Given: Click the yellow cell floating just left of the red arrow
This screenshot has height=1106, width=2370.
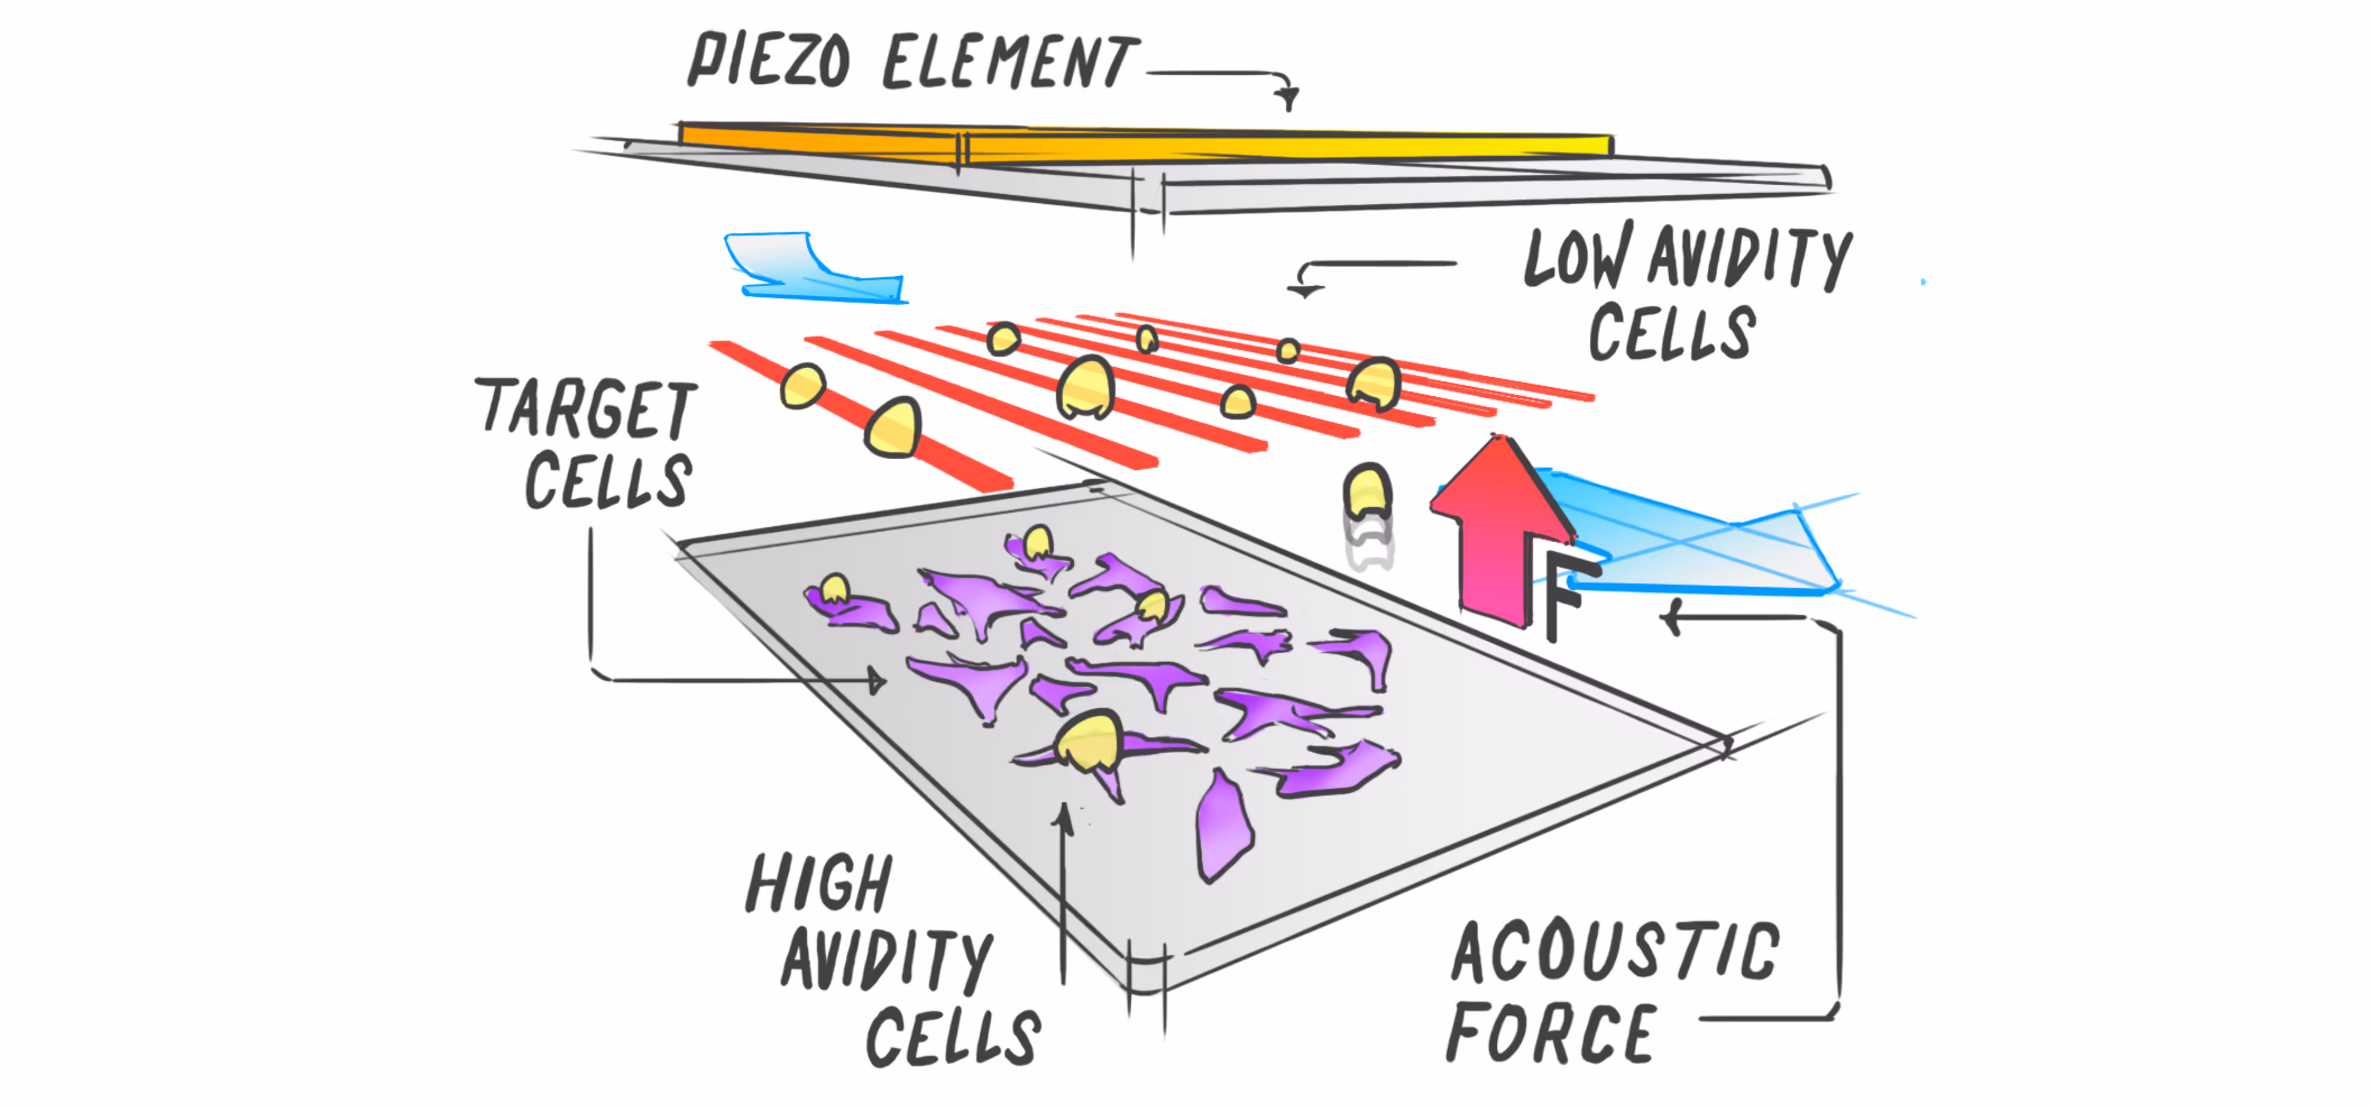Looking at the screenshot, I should [x=1367, y=493].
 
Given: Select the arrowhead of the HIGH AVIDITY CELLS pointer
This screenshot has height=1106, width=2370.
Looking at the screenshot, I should [x=1064, y=815].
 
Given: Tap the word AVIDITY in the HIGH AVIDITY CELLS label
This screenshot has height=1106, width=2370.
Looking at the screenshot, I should [x=887, y=960].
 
